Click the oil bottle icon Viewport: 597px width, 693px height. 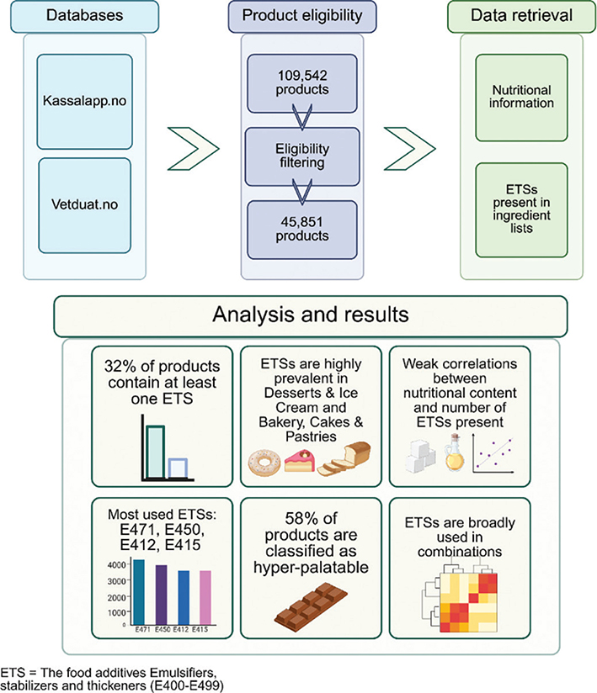[458, 454]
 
